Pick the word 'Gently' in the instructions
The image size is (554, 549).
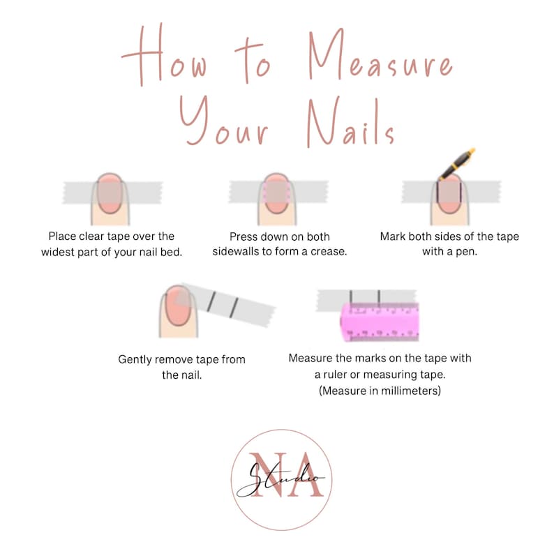[136, 360]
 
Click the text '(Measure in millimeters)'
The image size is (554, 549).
[380, 391]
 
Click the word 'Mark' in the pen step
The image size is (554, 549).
[394, 236]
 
